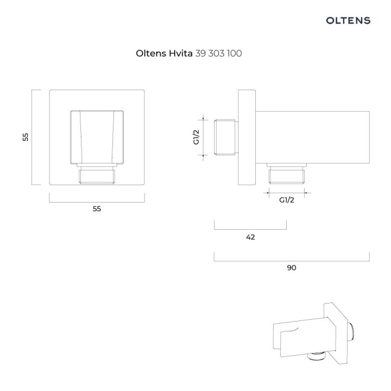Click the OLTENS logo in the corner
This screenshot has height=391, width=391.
(x=348, y=21)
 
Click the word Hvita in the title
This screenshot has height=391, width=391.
(x=180, y=53)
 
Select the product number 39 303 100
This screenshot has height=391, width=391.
(x=218, y=53)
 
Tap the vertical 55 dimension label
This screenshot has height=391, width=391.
(x=26, y=137)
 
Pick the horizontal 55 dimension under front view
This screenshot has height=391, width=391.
(x=97, y=209)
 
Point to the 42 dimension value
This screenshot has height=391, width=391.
(x=250, y=237)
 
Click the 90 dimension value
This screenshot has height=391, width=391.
(x=292, y=268)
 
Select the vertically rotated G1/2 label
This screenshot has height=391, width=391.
(x=197, y=137)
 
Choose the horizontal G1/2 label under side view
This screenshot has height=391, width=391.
(x=287, y=200)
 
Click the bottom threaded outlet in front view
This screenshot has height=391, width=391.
(x=97, y=176)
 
